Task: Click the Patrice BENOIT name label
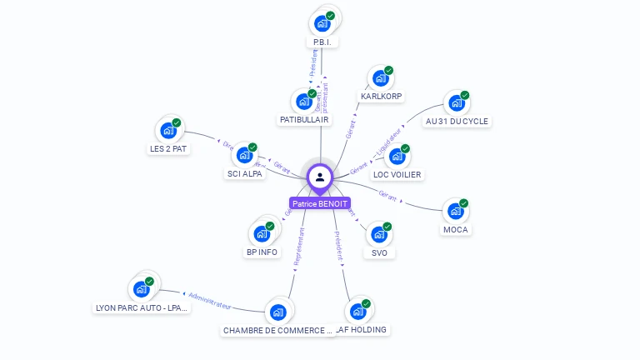click(320, 203)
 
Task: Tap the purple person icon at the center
click(320, 177)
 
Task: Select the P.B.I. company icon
click(322, 24)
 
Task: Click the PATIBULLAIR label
click(304, 120)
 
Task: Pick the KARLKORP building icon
click(381, 78)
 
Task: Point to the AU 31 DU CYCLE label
click(457, 121)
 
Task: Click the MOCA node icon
click(455, 212)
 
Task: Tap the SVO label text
click(379, 252)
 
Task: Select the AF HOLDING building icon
click(357, 312)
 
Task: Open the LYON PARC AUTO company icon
click(141, 289)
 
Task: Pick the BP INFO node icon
click(262, 232)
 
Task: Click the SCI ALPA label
click(245, 174)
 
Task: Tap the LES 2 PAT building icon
click(168, 131)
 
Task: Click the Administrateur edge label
click(208, 300)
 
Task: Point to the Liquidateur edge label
click(389, 140)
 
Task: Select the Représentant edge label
click(299, 247)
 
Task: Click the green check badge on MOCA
click(464, 203)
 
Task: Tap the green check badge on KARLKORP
click(389, 70)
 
